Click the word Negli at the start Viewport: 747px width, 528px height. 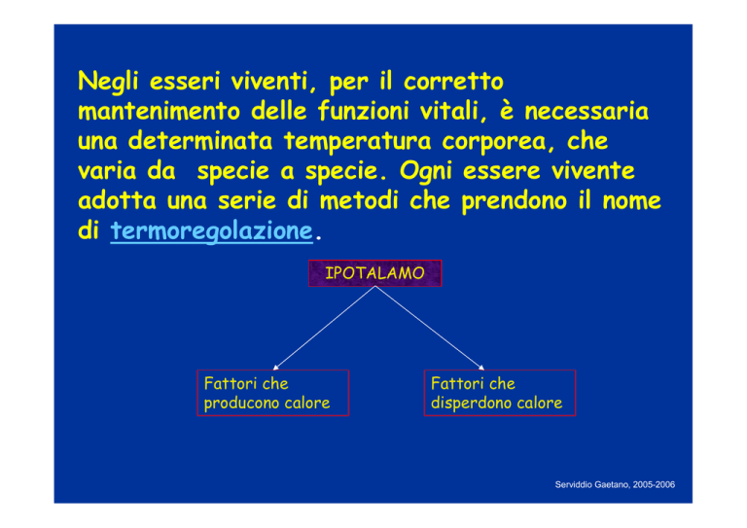[x=108, y=82]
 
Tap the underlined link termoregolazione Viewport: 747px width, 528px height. [x=211, y=231]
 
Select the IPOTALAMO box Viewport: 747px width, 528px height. [x=374, y=273]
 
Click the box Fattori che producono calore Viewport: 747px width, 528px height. [x=273, y=393]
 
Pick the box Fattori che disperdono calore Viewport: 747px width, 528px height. [x=500, y=393]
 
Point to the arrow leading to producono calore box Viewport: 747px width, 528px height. [x=324, y=328]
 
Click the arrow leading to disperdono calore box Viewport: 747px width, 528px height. [x=430, y=328]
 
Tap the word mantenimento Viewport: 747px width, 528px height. [x=160, y=112]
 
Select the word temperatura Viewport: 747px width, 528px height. [x=357, y=142]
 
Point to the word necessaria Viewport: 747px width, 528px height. [x=587, y=112]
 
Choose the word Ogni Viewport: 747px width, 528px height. [x=425, y=171]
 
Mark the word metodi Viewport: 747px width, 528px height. [x=358, y=200]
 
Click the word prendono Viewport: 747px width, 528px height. [x=514, y=201]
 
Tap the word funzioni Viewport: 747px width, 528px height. [x=363, y=111]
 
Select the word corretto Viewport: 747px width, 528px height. [x=453, y=82]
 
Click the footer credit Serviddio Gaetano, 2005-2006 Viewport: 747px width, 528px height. [x=615, y=484]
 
